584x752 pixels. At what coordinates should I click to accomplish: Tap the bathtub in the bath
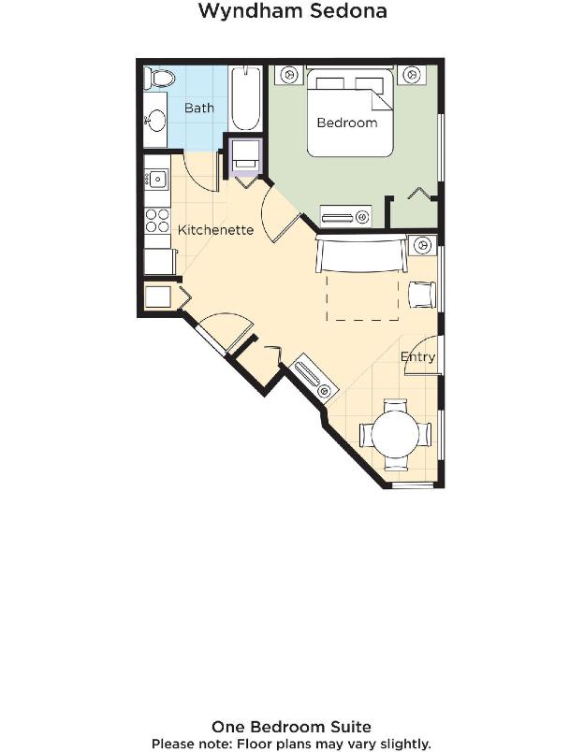click(246, 99)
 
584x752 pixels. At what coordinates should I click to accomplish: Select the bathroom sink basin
click(156, 120)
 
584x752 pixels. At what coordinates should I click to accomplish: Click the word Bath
click(199, 108)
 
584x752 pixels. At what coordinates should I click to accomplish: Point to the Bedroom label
click(347, 123)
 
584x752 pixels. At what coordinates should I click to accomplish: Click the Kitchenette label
click(215, 230)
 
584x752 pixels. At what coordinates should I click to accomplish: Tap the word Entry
click(417, 356)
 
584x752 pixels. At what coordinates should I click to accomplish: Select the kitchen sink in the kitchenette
click(156, 180)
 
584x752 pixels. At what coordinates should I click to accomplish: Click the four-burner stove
click(157, 220)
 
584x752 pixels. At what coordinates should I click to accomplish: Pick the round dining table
click(396, 436)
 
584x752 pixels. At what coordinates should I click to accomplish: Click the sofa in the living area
click(361, 253)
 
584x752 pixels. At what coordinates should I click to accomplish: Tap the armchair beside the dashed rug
click(422, 295)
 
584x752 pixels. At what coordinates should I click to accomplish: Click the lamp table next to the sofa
click(422, 245)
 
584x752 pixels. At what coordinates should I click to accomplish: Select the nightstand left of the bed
click(289, 75)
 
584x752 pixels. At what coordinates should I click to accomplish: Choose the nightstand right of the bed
click(410, 75)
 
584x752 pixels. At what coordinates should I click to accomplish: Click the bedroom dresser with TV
click(345, 217)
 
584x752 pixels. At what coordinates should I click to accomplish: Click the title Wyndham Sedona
click(292, 10)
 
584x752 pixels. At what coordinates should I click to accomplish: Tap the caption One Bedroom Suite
click(291, 727)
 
